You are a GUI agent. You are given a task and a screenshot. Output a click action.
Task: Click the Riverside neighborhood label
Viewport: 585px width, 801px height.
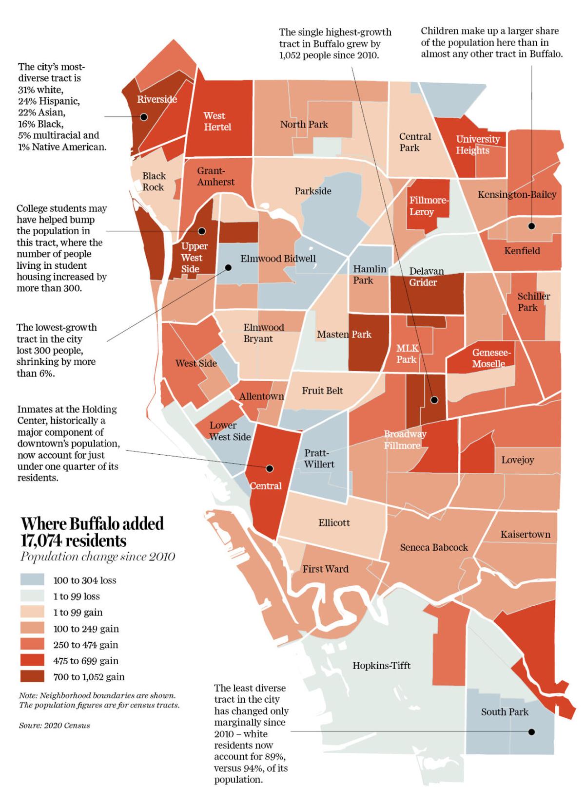coord(156,99)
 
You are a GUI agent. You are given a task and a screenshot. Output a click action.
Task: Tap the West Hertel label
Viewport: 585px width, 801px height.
coord(217,121)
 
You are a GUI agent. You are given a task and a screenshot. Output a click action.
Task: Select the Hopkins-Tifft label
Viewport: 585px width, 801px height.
coord(381,665)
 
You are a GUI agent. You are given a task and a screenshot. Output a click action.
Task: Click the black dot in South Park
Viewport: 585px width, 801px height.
coord(531,731)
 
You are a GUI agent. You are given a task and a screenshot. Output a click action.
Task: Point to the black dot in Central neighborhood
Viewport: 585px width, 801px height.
coord(269,468)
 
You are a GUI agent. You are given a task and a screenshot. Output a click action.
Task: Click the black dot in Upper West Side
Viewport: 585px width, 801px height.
coord(201,231)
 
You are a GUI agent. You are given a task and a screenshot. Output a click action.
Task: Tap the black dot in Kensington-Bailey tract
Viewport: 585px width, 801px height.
coord(531,226)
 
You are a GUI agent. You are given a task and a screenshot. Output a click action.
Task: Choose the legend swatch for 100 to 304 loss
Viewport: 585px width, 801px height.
coord(32,579)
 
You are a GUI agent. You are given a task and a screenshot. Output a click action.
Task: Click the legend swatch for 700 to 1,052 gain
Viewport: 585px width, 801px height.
coord(32,676)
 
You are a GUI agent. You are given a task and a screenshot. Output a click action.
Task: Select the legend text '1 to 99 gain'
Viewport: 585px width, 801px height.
coord(78,612)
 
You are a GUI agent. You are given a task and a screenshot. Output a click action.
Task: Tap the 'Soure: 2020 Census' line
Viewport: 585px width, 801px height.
coord(55,725)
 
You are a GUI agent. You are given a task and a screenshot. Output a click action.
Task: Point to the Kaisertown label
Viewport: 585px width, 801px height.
coord(525,534)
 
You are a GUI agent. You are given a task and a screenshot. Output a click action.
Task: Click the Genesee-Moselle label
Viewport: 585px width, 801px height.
coord(491,358)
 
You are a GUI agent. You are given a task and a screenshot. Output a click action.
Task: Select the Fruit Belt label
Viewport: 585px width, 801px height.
coord(322,391)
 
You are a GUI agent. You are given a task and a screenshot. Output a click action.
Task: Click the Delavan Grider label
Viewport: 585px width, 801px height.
coord(423,277)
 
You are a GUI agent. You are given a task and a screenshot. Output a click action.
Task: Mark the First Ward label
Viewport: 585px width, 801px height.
coord(325,569)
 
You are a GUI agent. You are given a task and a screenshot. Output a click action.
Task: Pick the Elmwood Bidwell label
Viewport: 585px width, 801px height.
coord(278,259)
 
